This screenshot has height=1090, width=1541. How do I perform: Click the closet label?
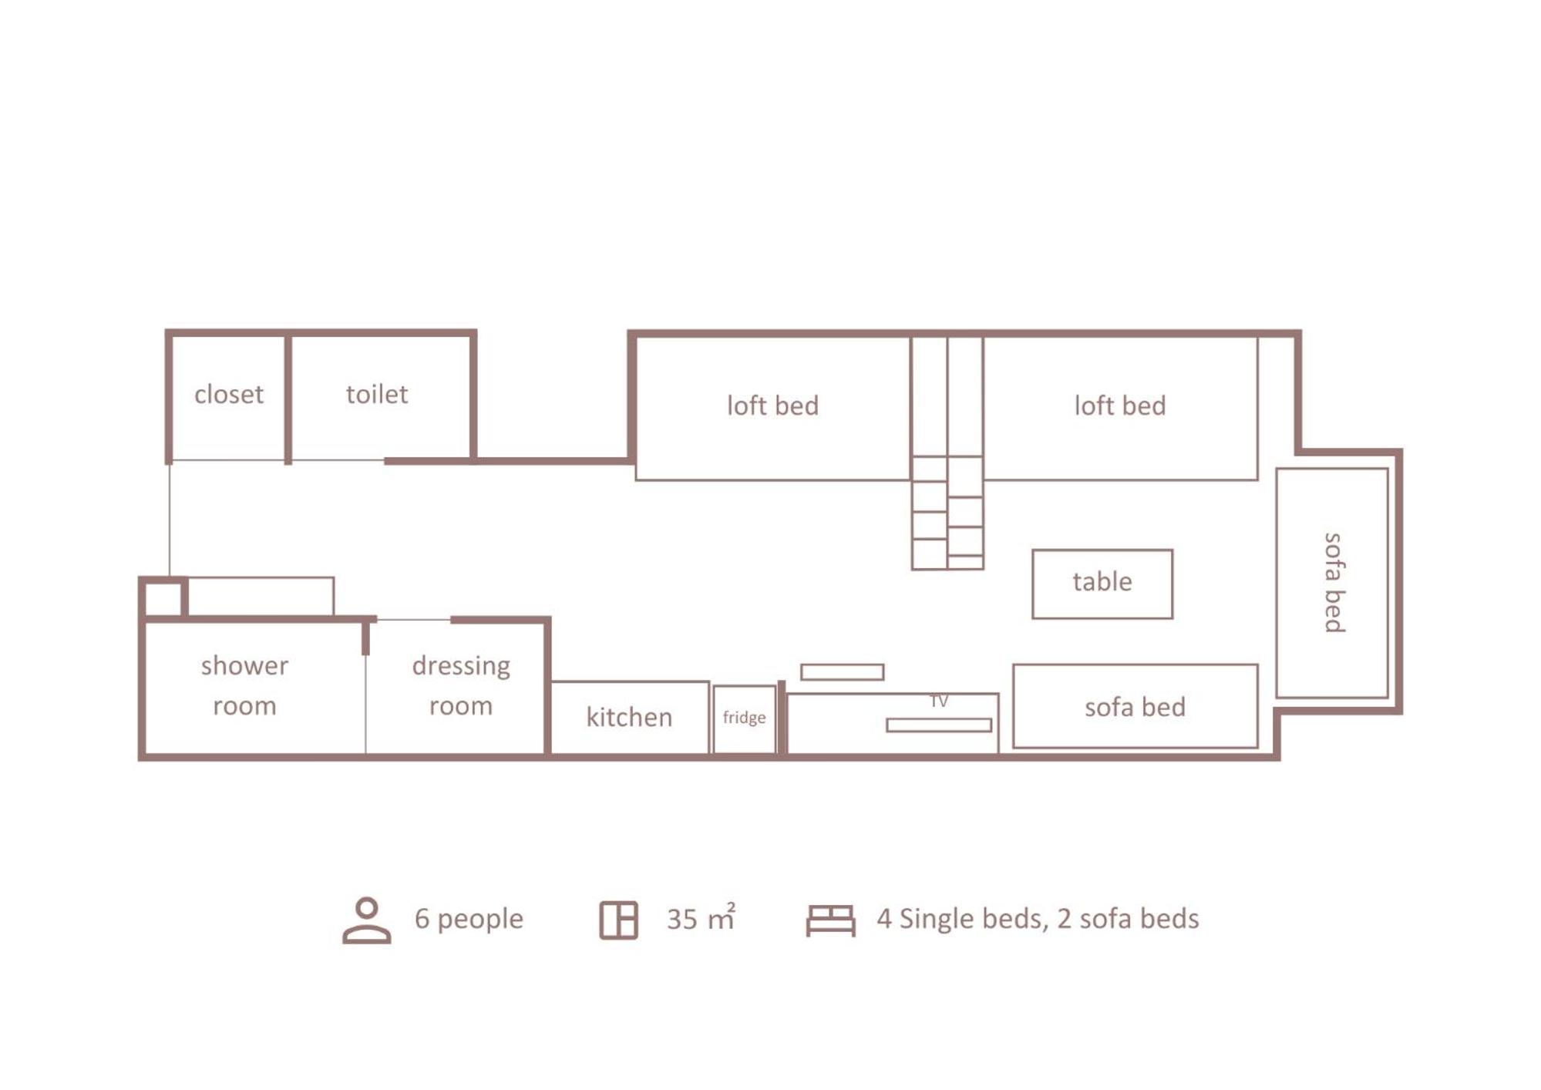pos(229,395)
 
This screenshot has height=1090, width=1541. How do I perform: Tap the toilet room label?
pos(377,395)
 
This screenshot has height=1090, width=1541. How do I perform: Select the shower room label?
pos(244,686)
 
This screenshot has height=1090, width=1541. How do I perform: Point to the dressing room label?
pos(461,686)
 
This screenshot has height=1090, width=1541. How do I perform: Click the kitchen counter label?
pos(629,718)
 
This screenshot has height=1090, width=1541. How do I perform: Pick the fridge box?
pos(745,719)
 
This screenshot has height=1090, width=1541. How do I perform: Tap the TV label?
pos(939,701)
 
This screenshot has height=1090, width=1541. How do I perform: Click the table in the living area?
pos(1102,584)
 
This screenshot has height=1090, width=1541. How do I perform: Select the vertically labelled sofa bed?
pos(1332,583)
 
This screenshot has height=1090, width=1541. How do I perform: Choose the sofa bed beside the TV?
pos(1136,706)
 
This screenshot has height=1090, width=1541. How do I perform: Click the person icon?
pos(367,920)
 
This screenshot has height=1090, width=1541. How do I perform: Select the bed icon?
pos(831,920)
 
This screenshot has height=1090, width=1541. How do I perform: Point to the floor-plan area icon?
pos(619,920)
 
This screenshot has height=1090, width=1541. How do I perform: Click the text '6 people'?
pos(469,919)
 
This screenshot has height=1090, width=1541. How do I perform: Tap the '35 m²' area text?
pos(701,917)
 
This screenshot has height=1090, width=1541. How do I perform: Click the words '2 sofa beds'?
pos(1129,919)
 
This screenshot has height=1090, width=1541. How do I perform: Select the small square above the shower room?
pos(163,598)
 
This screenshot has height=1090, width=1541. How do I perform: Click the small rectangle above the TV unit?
pos(843,672)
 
